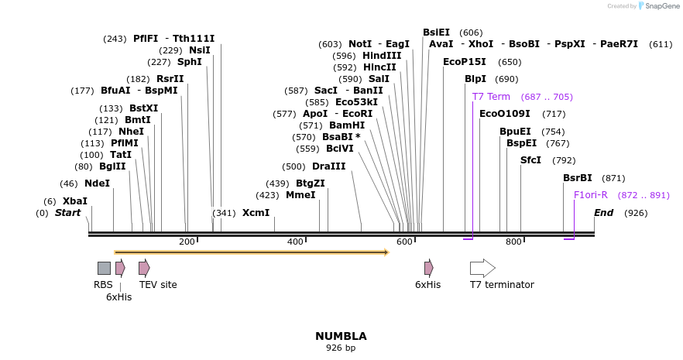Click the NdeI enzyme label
[97, 183]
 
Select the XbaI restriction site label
[75, 201]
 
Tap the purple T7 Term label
[491, 97]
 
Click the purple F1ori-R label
[591, 195]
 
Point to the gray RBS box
[104, 268]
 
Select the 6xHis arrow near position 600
[428, 268]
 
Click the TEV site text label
[158, 285]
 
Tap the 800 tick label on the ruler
[513, 242]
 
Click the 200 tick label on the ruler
[187, 242]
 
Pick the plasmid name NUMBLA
[341, 336]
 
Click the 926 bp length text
[341, 348]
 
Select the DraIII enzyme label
[329, 166]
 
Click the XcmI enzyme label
[256, 213]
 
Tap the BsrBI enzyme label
[577, 178]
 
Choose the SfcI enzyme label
[530, 160]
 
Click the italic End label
[604, 213]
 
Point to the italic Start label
[67, 213]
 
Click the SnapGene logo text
[660, 6]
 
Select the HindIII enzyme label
[382, 56]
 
